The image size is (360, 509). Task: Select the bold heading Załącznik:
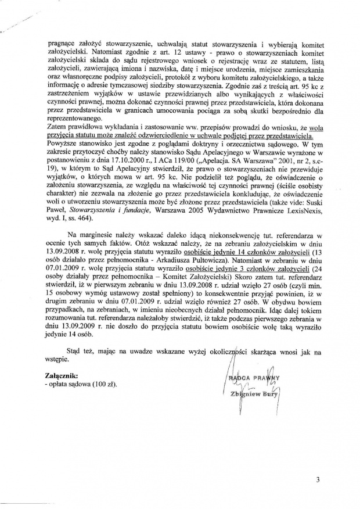click(x=62, y=377)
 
